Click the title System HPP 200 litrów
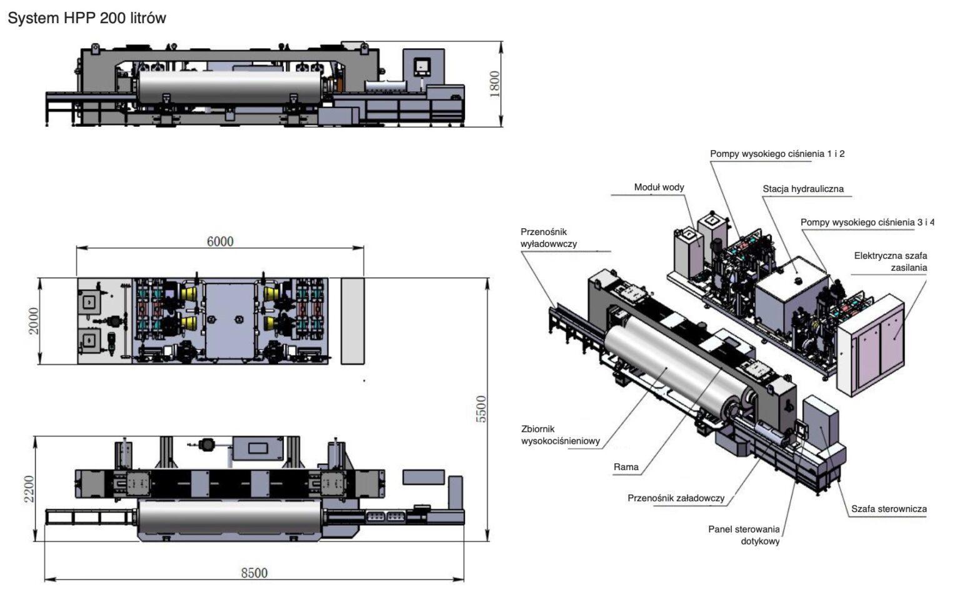[x=87, y=18]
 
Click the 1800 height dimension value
[x=494, y=84]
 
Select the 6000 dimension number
[x=220, y=241]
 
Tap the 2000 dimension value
[x=34, y=320]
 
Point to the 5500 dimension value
[x=481, y=409]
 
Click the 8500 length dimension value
[x=254, y=573]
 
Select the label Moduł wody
[x=659, y=187]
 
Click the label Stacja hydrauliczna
[x=802, y=189]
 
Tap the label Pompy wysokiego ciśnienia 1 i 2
[x=777, y=154]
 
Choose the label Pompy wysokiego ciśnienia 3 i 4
[x=867, y=222]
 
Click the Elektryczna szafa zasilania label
[x=891, y=261]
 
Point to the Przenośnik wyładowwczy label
[x=548, y=238]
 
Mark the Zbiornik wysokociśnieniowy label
[x=560, y=435]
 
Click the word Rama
[x=626, y=467]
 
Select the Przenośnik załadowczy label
[x=676, y=498]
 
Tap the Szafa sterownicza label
[x=888, y=509]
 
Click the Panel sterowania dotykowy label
[x=744, y=535]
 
